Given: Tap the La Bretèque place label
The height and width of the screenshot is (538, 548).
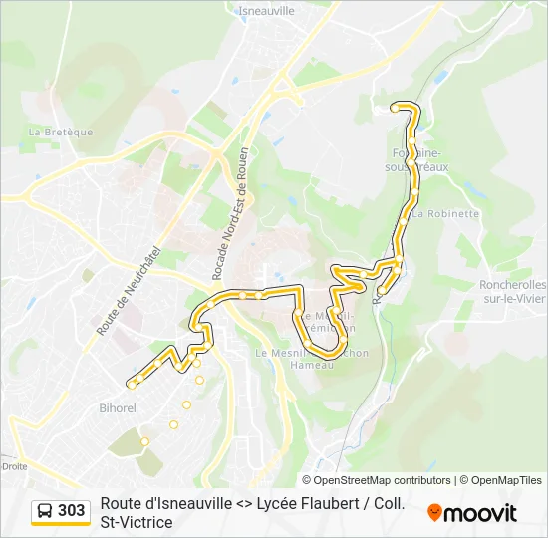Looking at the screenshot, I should [x=61, y=132].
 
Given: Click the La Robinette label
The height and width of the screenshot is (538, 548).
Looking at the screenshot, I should [x=445, y=213].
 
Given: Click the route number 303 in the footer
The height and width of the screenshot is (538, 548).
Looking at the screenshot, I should [x=71, y=510].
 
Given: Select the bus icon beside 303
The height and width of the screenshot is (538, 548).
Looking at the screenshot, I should [x=45, y=511].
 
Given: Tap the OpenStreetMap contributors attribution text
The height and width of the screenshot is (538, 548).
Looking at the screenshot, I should [x=383, y=480].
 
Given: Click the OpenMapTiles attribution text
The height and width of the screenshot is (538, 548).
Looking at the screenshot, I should [x=506, y=480].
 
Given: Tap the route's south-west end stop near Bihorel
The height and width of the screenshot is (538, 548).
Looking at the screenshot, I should [x=131, y=384].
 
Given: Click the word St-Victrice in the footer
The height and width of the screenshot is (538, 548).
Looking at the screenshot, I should [x=137, y=522].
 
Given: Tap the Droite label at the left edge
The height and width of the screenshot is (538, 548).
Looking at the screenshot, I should [x=14, y=465].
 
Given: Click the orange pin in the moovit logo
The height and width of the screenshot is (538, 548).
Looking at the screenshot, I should [x=434, y=513].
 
